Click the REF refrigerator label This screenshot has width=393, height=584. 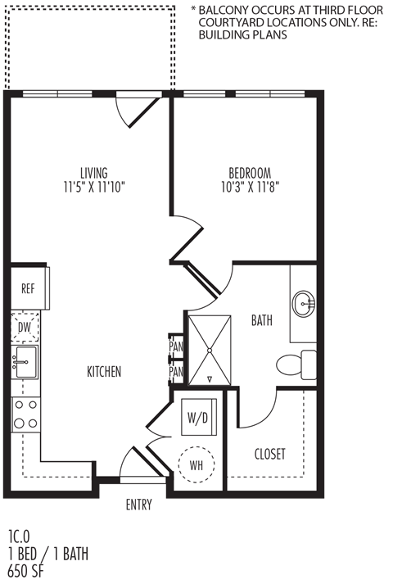[x=28, y=288]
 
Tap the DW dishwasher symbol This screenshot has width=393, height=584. [x=25, y=328]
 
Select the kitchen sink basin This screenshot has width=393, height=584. [x=25, y=362]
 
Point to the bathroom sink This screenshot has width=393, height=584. [x=304, y=304]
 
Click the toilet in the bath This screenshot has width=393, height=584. [x=296, y=364]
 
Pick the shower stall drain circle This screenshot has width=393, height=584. [x=210, y=350]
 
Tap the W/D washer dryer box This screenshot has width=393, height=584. [x=199, y=417]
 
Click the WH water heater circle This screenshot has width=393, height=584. [x=196, y=464]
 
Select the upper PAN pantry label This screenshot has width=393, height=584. [x=176, y=346]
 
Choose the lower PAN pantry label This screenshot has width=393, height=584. [x=176, y=371]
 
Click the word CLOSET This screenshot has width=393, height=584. [x=270, y=454]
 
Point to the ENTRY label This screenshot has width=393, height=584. [x=139, y=505]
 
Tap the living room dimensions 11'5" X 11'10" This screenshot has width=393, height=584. [x=94, y=188]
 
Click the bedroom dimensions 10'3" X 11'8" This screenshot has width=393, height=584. [x=250, y=187]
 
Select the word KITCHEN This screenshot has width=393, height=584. [x=104, y=371]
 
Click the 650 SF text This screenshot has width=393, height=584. [x=25, y=571]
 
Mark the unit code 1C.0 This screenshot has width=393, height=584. [x=19, y=537]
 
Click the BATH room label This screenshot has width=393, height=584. [x=262, y=320]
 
